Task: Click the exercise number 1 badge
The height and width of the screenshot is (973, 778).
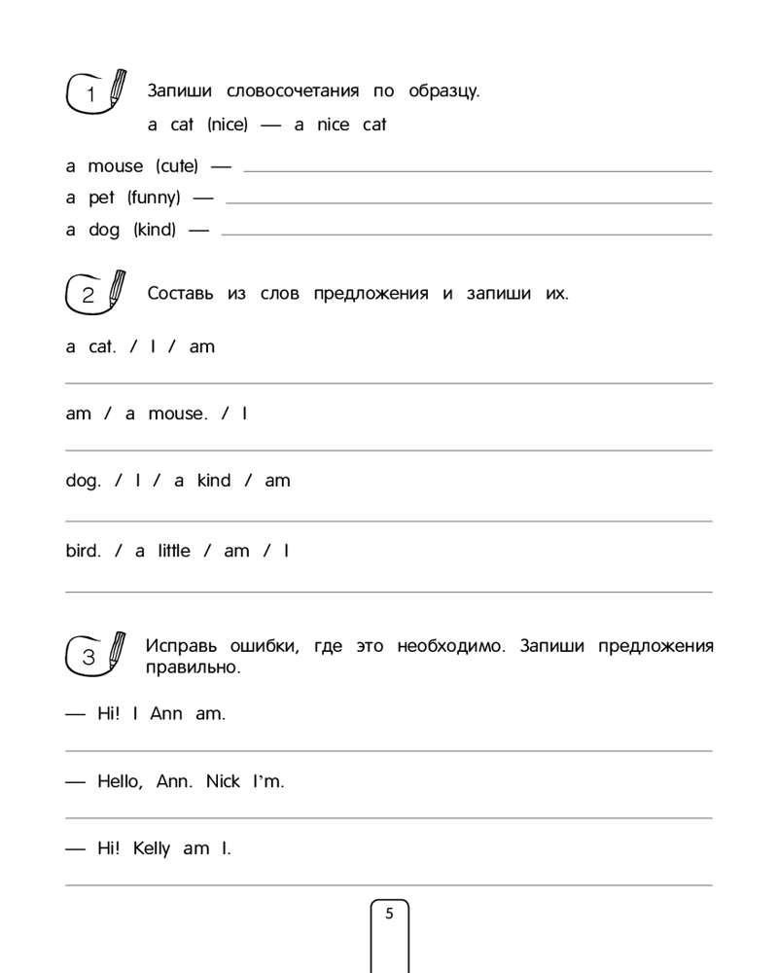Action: [x=90, y=94]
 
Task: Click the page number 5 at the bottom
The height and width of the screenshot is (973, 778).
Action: [x=390, y=914]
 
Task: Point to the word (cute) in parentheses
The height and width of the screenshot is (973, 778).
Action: [x=176, y=166]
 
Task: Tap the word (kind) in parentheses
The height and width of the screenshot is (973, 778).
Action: [x=155, y=231]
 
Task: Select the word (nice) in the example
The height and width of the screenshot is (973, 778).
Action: [x=228, y=125]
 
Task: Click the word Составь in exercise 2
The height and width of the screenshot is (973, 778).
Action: [x=180, y=294]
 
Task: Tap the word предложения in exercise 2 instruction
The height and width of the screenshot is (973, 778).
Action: [x=371, y=295]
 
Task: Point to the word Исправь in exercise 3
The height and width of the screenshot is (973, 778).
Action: [x=179, y=646]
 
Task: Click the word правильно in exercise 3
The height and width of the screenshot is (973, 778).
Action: [x=192, y=668]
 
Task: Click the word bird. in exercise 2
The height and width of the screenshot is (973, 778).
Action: [x=83, y=551]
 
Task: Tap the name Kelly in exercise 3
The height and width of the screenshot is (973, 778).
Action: [x=151, y=848]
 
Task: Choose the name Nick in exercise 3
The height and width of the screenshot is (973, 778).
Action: [x=223, y=781]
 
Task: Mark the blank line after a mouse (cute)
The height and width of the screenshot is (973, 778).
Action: [x=477, y=170]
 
